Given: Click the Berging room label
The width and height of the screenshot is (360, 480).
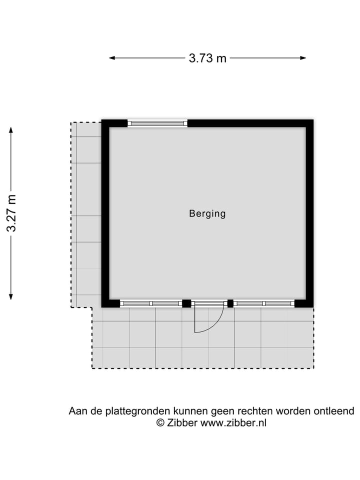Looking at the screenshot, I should (x=207, y=213).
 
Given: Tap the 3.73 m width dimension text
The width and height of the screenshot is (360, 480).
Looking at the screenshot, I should (x=207, y=58).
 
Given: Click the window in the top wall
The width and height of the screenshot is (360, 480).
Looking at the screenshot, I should (x=157, y=123).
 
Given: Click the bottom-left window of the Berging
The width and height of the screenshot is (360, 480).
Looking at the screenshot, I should (x=151, y=303).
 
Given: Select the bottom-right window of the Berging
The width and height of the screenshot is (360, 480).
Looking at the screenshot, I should (x=264, y=303).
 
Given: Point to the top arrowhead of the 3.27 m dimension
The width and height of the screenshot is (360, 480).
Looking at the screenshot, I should (x=11, y=130).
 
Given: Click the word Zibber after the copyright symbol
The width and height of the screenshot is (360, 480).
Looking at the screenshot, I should (x=182, y=423).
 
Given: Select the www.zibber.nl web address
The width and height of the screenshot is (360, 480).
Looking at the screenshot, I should (x=233, y=423).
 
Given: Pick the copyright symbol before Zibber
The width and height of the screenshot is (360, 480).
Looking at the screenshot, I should (x=160, y=423).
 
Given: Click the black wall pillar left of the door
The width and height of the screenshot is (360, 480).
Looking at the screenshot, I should (x=186, y=303).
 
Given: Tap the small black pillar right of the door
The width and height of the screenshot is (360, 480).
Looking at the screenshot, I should (x=230, y=303).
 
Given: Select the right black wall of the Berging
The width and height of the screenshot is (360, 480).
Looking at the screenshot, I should (x=309, y=213).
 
